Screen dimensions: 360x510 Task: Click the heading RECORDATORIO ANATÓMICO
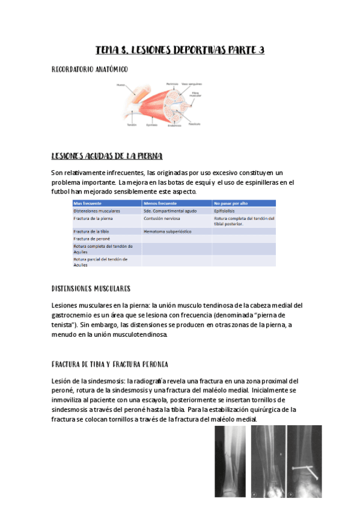pos(90,70)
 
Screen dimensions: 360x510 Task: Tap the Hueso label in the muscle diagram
pos(121,85)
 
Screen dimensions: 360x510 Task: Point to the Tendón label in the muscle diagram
pos(131,125)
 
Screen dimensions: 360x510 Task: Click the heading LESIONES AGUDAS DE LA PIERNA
pos(106,156)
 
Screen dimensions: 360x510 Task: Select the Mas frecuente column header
pos(88,203)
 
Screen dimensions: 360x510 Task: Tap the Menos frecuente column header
pos(160,203)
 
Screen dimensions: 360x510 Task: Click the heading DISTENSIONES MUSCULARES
pos(91,289)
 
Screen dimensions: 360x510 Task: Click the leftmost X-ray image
pos(231,462)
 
